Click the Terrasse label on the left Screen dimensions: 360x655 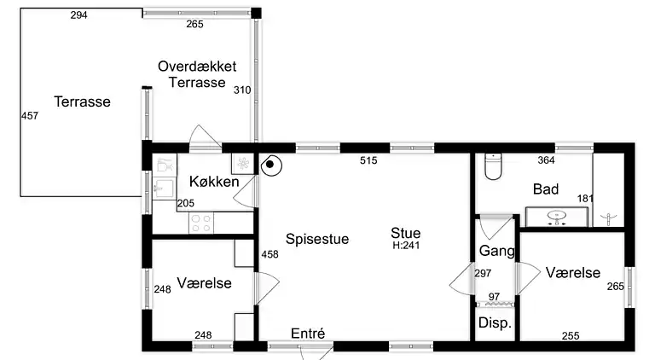[83, 102]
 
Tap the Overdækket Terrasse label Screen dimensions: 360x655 [197, 74]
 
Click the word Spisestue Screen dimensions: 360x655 [317, 239]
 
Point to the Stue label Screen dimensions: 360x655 [406, 232]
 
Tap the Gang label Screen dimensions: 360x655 [496, 251]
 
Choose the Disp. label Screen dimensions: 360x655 [495, 323]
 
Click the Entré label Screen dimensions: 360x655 [308, 334]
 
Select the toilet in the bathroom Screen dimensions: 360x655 [492, 166]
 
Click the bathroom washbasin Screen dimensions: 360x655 [559, 218]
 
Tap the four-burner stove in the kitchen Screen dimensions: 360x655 [201, 224]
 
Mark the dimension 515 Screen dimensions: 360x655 [368, 160]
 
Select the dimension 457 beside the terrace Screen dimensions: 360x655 [30, 116]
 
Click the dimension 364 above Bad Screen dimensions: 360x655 [547, 160]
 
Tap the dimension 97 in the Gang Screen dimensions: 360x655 [494, 296]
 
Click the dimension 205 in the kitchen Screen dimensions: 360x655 [186, 203]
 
